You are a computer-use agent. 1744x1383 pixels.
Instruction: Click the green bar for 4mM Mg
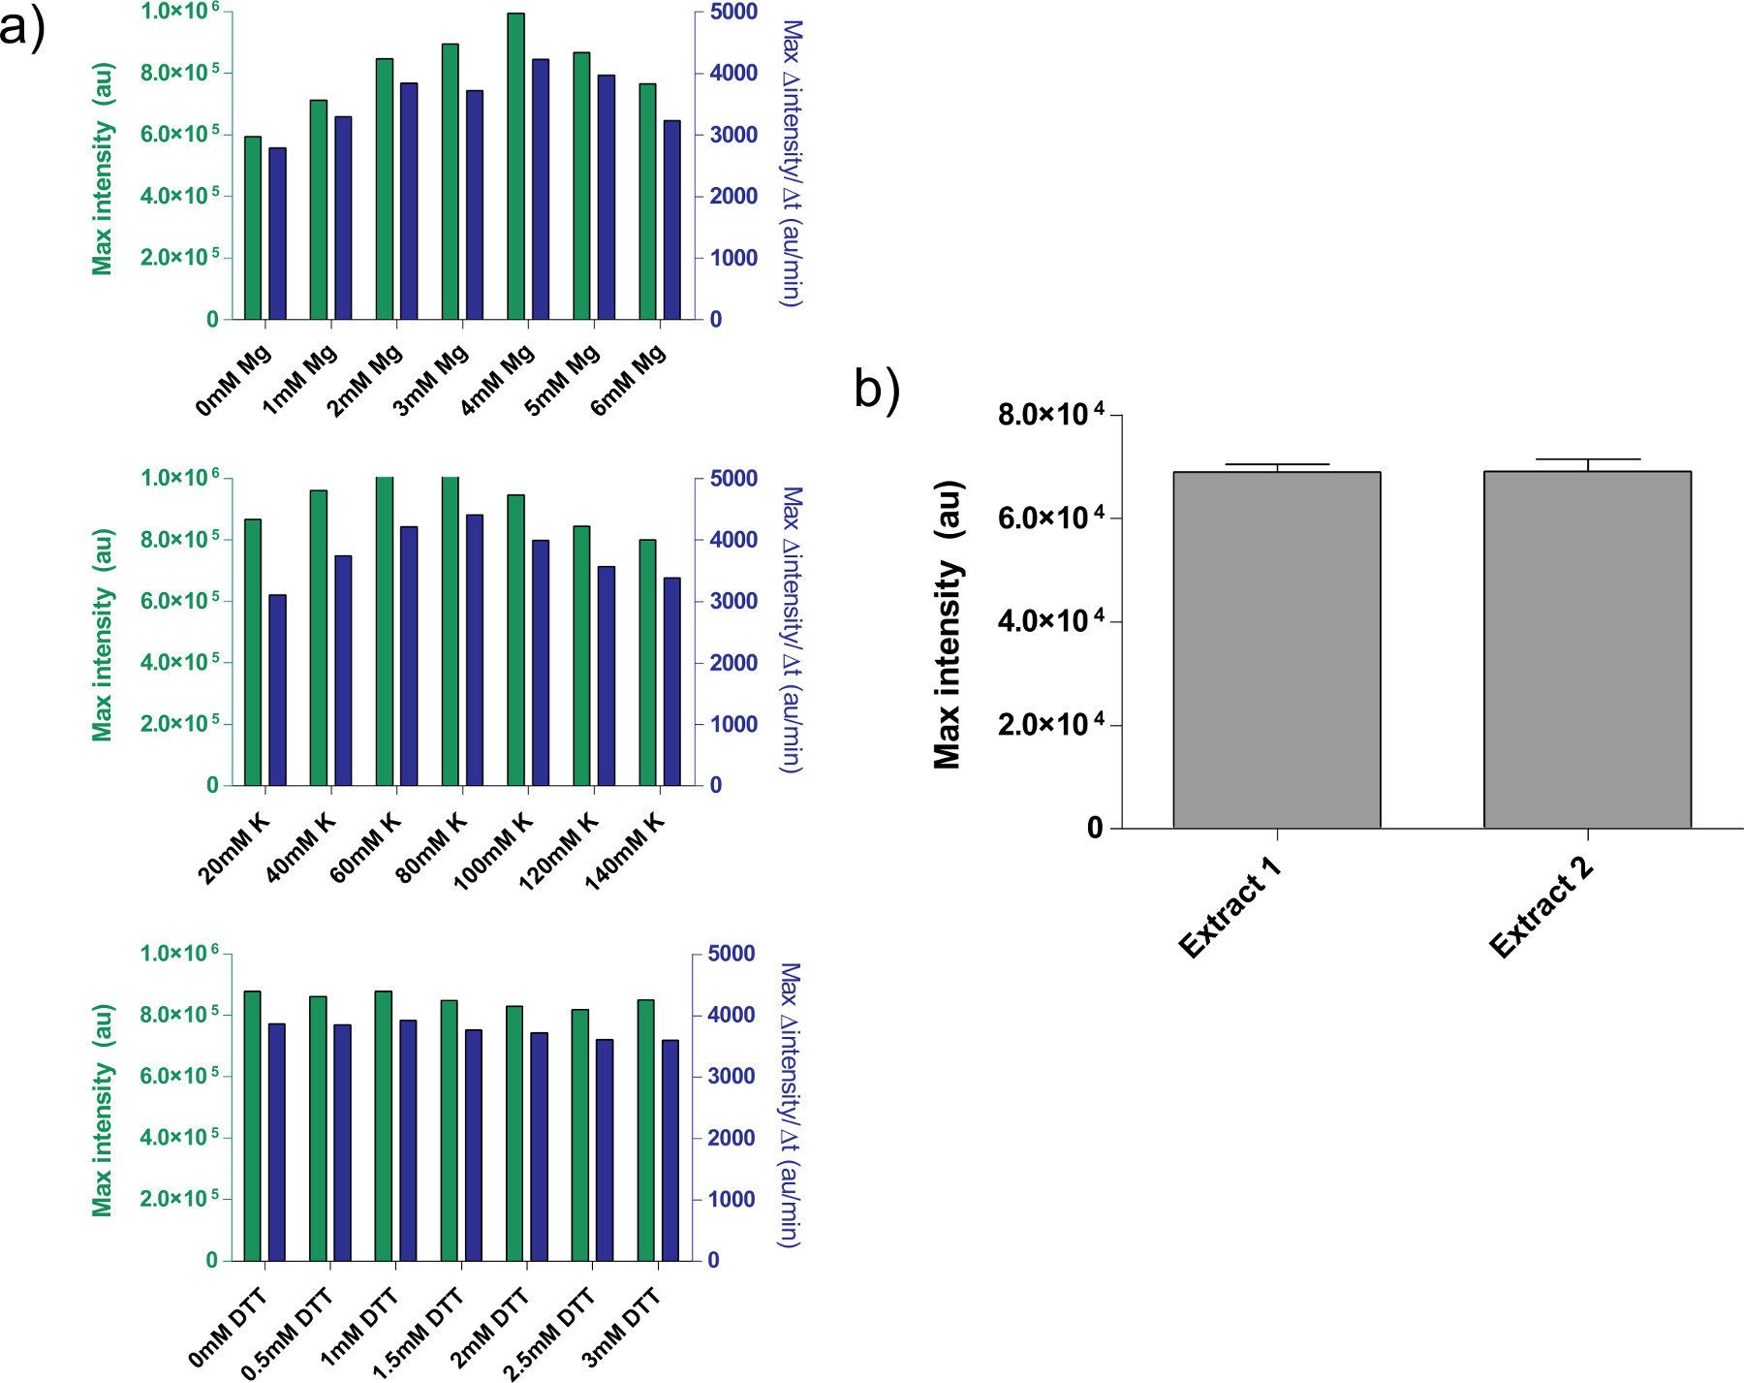point(515,166)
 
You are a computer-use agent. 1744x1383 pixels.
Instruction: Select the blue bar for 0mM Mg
point(277,234)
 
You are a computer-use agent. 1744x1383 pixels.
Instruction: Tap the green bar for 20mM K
point(253,652)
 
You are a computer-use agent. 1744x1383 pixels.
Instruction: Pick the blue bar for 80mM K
point(475,649)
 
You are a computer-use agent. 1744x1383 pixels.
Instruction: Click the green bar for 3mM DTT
point(646,1130)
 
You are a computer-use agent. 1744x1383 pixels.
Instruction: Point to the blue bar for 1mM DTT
point(408,1140)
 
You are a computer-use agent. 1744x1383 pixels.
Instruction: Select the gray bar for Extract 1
point(1276,649)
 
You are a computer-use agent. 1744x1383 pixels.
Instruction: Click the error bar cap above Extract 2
point(1587,459)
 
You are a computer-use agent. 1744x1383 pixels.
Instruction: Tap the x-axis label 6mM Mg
point(628,381)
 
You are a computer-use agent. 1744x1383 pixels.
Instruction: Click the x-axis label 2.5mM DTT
point(549,1334)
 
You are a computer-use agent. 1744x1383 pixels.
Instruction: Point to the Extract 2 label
point(1541,907)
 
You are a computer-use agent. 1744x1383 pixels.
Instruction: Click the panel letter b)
point(877,390)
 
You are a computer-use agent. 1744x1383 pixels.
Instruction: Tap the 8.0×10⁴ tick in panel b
point(1050,415)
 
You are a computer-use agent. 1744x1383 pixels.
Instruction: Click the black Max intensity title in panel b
point(948,624)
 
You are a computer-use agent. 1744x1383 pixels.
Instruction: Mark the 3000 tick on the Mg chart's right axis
point(733,135)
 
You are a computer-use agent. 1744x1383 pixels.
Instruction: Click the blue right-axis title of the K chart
point(792,630)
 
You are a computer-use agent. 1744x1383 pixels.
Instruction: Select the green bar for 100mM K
point(515,640)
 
